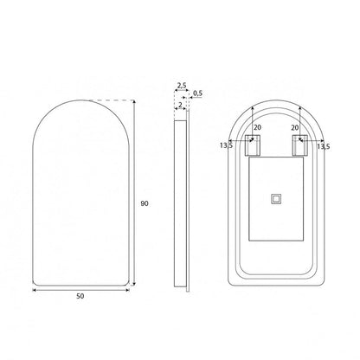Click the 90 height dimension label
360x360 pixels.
145,203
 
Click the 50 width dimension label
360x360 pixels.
80,296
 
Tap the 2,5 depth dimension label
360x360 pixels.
182,86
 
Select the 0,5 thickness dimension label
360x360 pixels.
198,93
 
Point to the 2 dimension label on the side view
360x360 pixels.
181,105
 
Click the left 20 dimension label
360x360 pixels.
257,127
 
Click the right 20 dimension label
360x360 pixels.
295,127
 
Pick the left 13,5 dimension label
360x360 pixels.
226,145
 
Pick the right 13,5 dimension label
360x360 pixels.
324,146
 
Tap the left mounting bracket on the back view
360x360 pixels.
253,145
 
